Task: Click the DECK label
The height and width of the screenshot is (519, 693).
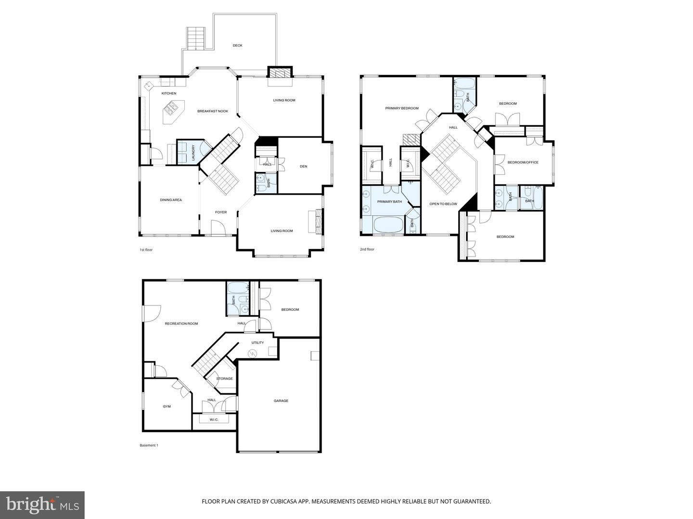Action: click(x=237, y=46)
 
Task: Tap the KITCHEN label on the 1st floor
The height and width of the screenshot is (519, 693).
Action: click(x=168, y=93)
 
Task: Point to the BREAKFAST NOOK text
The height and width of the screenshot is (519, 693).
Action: click(x=213, y=111)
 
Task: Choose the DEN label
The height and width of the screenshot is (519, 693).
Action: click(x=303, y=166)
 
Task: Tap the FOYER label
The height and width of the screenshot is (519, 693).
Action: click(x=220, y=212)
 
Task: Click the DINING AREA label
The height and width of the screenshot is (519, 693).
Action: click(x=171, y=200)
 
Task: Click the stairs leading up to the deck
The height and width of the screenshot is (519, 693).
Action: click(x=196, y=38)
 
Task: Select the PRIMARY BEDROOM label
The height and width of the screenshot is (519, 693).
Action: click(x=402, y=108)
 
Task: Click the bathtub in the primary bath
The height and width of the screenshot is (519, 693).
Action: click(x=389, y=225)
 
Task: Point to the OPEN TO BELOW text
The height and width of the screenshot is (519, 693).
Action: click(x=443, y=204)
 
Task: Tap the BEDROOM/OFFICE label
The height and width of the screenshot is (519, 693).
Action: click(x=523, y=162)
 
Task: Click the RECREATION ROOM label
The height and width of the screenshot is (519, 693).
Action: click(x=181, y=323)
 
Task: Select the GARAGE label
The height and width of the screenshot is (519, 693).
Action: click(x=281, y=400)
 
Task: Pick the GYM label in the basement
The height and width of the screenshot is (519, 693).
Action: click(x=167, y=407)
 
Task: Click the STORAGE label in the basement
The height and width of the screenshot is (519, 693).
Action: click(x=224, y=379)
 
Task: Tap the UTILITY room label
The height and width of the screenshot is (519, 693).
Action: click(x=257, y=343)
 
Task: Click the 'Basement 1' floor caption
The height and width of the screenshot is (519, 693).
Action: click(x=149, y=445)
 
